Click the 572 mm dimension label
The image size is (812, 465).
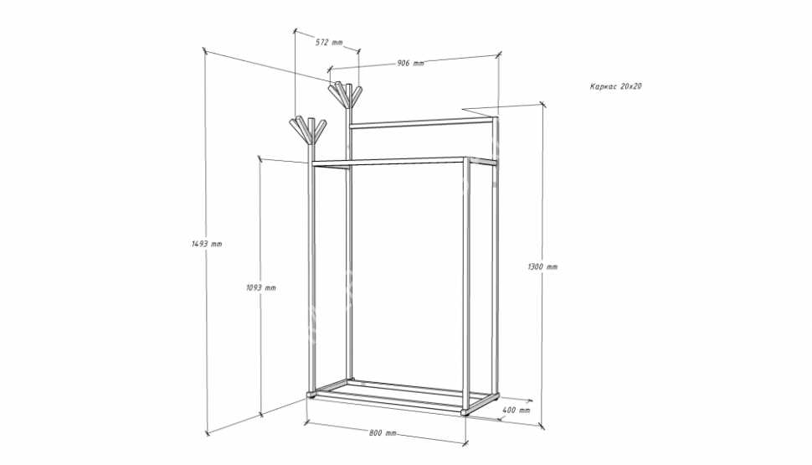329,43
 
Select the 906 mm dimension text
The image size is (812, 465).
410,63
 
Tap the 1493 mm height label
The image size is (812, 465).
207,244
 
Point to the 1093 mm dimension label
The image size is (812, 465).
261,287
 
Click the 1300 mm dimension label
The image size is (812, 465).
542,267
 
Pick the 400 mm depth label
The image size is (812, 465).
516,410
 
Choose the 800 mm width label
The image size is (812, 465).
383,433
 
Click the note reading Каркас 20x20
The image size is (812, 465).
615,86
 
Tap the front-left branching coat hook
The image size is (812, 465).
307,131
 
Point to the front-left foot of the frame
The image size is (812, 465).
311,395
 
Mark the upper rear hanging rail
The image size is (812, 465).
422,123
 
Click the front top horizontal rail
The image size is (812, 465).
388,163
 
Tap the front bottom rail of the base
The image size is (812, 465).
388,403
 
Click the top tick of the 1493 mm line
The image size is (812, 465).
205,51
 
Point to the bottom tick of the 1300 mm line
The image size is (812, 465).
542,426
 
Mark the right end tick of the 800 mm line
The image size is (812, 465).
465,443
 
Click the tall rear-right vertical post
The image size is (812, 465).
496,256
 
